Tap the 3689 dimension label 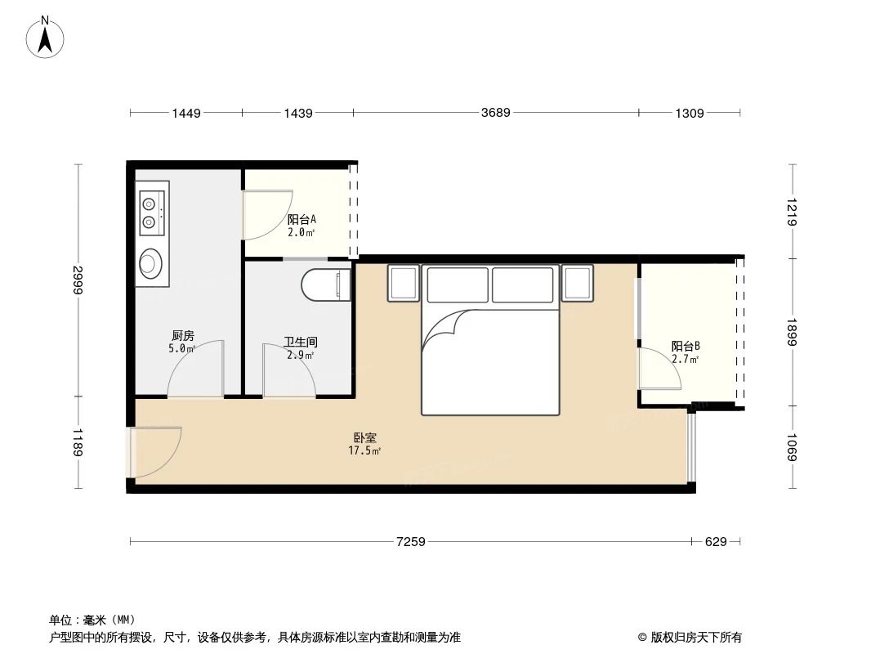tap(495, 113)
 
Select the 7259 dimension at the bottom tap(411, 541)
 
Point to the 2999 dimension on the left tap(78, 280)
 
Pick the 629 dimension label tap(716, 541)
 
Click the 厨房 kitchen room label tap(183, 335)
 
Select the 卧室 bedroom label tap(364, 438)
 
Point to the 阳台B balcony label tap(686, 346)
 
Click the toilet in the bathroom tap(325, 284)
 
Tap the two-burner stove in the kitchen tap(150, 211)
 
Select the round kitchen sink tap(150, 262)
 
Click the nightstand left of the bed tap(403, 283)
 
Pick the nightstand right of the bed tap(577, 283)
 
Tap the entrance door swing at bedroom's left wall tap(155, 452)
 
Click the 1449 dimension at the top tap(186, 113)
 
